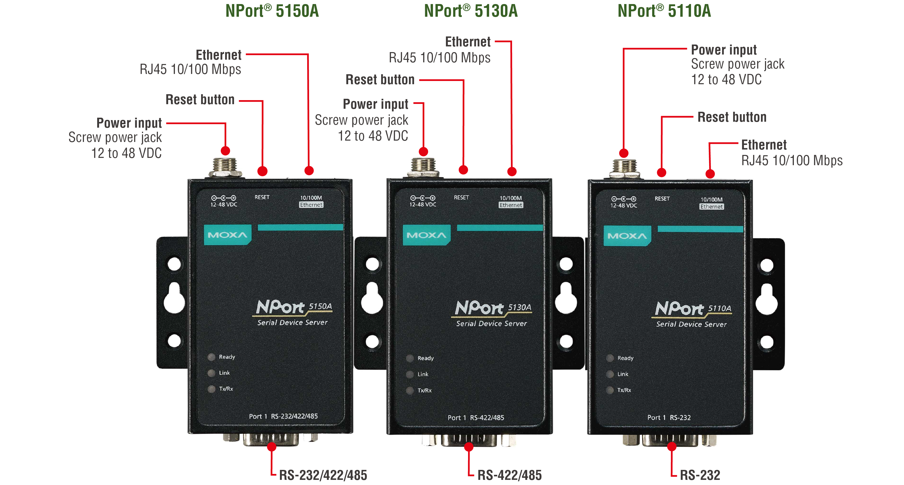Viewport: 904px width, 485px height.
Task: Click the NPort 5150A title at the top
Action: [x=272, y=11]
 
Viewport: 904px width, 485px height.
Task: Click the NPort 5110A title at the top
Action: [x=664, y=11]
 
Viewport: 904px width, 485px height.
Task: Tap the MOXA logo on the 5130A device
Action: [x=426, y=235]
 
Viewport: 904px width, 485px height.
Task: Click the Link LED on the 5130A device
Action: [x=410, y=374]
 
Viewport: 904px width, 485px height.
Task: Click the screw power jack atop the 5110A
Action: [x=625, y=168]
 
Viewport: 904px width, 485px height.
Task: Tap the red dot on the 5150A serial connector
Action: [x=272, y=447]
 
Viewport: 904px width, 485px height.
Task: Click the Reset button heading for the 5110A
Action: [x=732, y=117]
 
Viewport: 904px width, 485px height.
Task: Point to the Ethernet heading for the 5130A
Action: [x=468, y=42]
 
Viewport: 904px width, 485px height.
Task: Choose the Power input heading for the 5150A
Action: [x=129, y=123]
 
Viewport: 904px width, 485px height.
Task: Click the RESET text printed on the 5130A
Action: [x=461, y=198]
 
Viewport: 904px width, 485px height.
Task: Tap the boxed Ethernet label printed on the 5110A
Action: [x=711, y=207]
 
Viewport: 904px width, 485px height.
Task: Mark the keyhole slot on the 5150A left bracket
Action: [x=174, y=298]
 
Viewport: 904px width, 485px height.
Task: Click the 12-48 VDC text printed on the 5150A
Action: [x=224, y=205]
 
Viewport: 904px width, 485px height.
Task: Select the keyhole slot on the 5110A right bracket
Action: [x=767, y=299]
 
